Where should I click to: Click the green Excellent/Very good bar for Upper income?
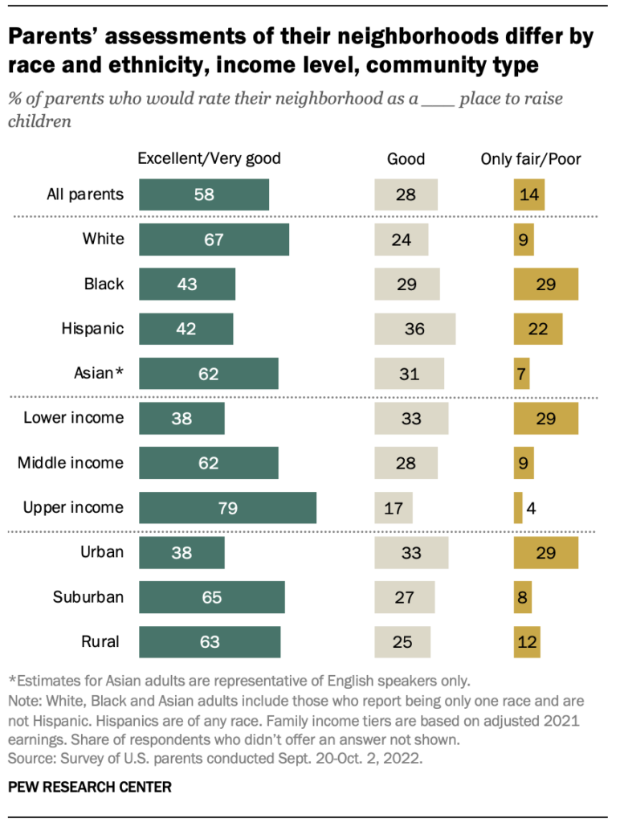(x=227, y=508)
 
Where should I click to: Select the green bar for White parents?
(x=214, y=240)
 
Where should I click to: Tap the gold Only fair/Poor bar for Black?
(x=546, y=285)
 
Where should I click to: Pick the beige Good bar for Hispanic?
(x=414, y=329)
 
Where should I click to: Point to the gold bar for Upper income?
(x=518, y=508)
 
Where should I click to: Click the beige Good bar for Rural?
(x=402, y=642)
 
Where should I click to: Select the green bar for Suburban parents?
(x=212, y=598)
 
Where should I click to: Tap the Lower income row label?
(x=74, y=418)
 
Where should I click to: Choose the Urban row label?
(x=102, y=552)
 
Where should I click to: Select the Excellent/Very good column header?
(x=210, y=158)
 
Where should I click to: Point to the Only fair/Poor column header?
(x=531, y=159)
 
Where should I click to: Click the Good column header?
(x=406, y=159)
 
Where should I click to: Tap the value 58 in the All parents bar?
(x=204, y=194)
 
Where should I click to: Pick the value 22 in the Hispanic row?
(x=538, y=329)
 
